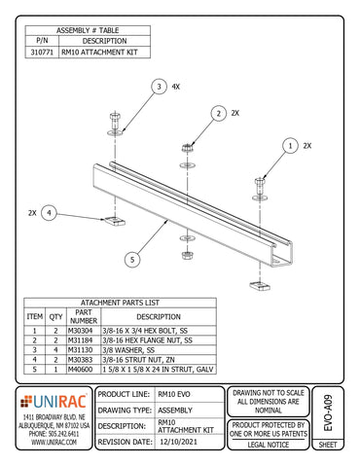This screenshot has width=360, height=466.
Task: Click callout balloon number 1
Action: point(289,145)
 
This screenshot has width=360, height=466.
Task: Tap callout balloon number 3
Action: point(159,87)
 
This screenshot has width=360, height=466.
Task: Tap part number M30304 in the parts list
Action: point(84,331)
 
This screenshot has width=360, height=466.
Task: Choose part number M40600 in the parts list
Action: point(84,369)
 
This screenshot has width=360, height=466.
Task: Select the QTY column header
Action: point(57,315)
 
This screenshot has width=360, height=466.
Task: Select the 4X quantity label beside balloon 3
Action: point(176,87)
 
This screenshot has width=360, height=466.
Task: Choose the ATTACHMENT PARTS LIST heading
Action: point(113,303)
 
